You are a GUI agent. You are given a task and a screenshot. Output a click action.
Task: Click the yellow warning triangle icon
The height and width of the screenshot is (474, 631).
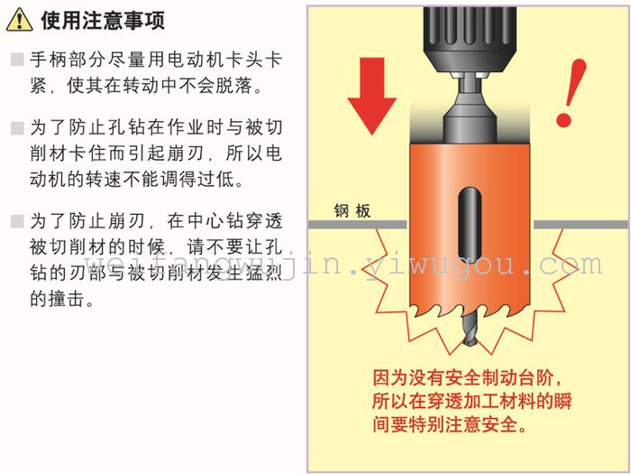19,19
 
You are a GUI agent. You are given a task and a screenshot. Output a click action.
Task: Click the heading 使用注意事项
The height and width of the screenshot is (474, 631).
103,20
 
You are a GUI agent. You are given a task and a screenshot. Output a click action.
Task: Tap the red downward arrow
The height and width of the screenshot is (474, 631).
371,96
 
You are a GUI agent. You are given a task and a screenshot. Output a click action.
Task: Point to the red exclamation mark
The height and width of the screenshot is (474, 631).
571,93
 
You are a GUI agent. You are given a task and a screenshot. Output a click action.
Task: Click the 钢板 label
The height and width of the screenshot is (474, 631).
352,210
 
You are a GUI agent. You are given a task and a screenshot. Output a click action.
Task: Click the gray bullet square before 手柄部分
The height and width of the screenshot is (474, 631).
17,60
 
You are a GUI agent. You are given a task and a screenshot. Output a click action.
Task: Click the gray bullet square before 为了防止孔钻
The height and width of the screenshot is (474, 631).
17,128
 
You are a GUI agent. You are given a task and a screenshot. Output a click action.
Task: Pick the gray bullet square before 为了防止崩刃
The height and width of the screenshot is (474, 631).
17,221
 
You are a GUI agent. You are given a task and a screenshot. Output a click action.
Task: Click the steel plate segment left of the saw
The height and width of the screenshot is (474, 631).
358,225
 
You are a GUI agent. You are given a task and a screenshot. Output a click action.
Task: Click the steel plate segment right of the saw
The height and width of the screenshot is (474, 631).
581,225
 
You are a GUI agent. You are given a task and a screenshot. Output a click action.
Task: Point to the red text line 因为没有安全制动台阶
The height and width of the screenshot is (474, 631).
467,377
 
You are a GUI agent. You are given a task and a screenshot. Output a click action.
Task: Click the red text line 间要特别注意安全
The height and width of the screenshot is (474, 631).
450,424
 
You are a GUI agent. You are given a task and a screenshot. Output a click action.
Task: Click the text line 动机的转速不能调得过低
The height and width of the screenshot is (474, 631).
137,179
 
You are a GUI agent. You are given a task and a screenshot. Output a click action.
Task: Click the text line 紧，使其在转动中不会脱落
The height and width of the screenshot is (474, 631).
146,85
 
